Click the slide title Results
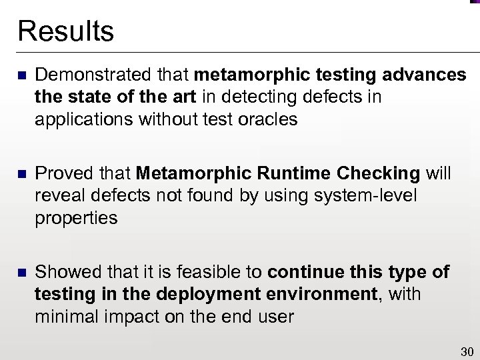[x=65, y=31]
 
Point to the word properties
[x=76, y=219]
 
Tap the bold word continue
[x=301, y=273]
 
